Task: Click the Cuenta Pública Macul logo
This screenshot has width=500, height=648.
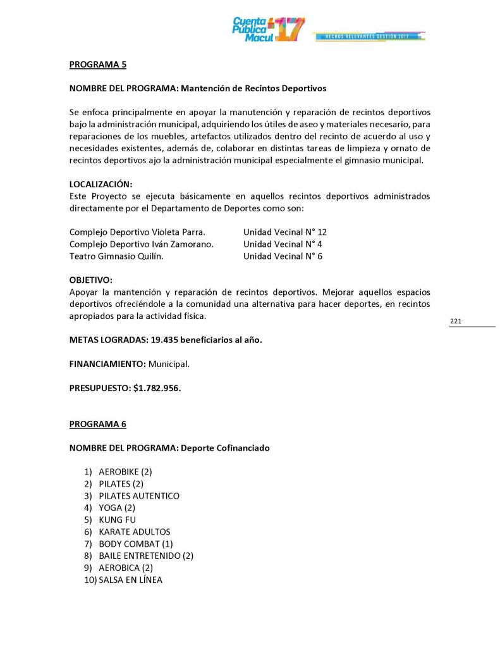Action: pyautogui.click(x=268, y=29)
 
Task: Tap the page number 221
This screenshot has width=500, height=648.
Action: pyautogui.click(x=456, y=321)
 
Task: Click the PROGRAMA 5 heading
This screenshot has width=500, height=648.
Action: pyautogui.click(x=98, y=64)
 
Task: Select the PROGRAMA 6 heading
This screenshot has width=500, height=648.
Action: pyautogui.click(x=98, y=424)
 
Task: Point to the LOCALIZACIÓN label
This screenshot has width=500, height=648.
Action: pyautogui.click(x=101, y=184)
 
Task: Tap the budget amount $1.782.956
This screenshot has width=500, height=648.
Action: pyautogui.click(x=157, y=388)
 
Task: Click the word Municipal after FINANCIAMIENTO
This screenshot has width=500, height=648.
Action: pyautogui.click(x=169, y=364)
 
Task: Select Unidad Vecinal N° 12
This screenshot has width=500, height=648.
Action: pyautogui.click(x=284, y=232)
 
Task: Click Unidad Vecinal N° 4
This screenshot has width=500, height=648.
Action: pyautogui.click(x=283, y=244)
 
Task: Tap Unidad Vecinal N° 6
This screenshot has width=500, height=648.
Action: pyautogui.click(x=283, y=256)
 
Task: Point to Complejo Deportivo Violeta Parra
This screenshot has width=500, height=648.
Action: pyautogui.click(x=137, y=232)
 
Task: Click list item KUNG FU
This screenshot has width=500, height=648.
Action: pyautogui.click(x=117, y=520)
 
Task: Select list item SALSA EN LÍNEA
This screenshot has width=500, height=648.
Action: pyautogui.click(x=130, y=580)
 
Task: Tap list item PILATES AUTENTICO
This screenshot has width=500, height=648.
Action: pyautogui.click(x=139, y=495)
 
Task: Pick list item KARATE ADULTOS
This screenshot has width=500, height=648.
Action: pyautogui.click(x=135, y=532)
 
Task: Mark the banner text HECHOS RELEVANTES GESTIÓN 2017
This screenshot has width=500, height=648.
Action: pyautogui.click(x=367, y=37)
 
